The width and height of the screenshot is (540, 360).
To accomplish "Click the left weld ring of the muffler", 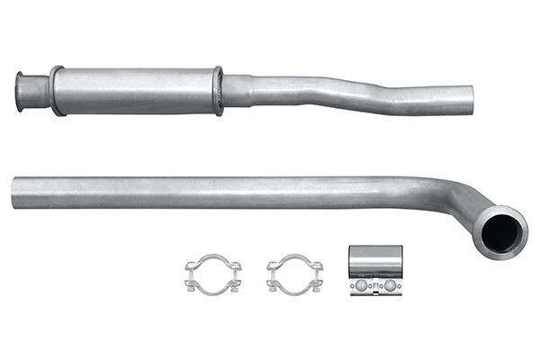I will (57, 90).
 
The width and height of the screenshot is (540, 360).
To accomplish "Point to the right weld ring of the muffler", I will (217, 90).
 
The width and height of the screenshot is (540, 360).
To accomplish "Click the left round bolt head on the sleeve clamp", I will (361, 286).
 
